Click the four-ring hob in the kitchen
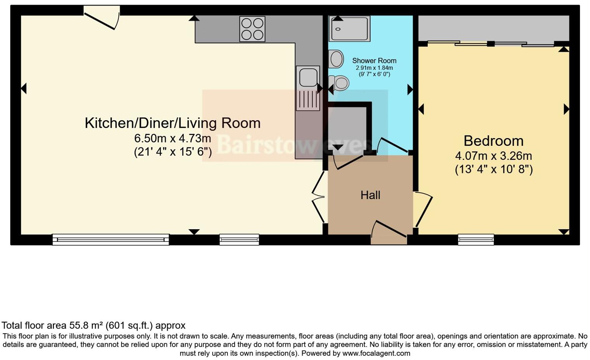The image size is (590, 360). [252, 29]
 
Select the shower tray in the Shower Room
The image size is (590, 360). [349, 29]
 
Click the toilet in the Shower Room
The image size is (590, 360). [339, 83]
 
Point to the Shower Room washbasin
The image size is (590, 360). [336, 59]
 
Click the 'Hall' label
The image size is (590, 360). [370, 195]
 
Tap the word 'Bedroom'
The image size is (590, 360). [493, 141]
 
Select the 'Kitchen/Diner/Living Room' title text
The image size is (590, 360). [172, 123]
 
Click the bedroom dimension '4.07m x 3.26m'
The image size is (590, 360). [493, 156]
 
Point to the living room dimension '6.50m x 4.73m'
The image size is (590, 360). [172, 138]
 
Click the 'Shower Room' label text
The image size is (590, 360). [374, 61]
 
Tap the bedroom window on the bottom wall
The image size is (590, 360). [476, 240]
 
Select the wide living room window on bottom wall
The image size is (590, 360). [111, 240]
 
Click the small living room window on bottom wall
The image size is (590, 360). [239, 240]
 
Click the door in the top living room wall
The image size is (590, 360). [102, 17]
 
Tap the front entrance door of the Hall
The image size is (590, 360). [389, 233]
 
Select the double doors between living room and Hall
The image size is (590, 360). [319, 196]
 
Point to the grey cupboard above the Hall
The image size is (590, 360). [347, 126]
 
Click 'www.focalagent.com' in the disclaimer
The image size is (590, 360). [377, 353]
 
